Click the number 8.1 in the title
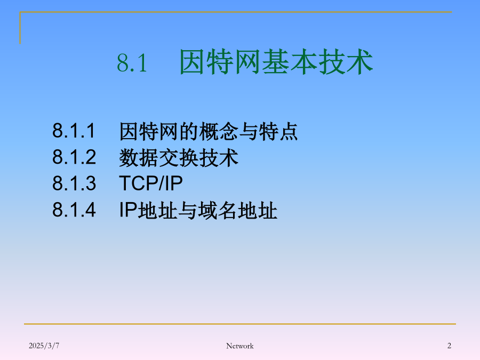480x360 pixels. tap(132, 63)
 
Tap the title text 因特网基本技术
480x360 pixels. tap(276, 62)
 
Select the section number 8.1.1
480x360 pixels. tap(74, 131)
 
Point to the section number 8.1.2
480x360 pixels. tap(74, 157)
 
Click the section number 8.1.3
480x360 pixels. tap(74, 183)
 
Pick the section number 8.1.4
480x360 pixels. tap(74, 210)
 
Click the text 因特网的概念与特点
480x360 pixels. tap(209, 131)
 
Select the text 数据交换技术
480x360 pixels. tap(179, 158)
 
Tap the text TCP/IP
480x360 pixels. tap(150, 183)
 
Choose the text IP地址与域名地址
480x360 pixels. tap(198, 210)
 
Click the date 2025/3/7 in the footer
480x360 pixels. tap(44, 346)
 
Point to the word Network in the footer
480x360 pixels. tap(240, 346)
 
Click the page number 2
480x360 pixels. tap(449, 346)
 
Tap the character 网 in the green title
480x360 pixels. tap(249, 62)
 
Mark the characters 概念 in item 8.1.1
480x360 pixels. tap(219, 131)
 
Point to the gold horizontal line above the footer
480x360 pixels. tap(240, 324)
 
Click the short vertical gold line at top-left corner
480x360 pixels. tap(20, 28)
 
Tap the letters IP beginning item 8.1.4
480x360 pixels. tap(128, 210)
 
